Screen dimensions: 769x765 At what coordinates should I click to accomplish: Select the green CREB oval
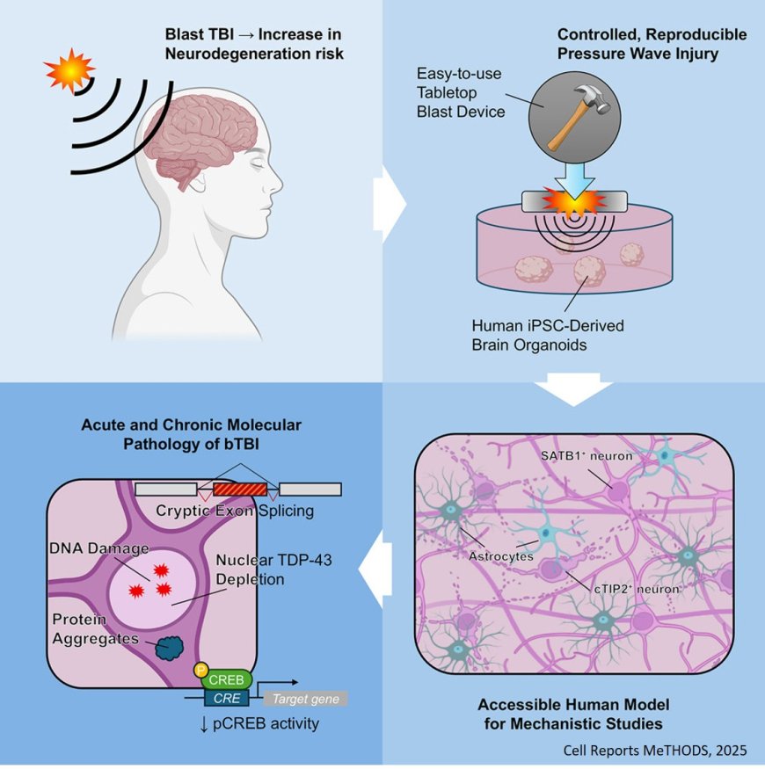click(x=227, y=680)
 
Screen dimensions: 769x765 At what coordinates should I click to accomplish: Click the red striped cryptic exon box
click(x=240, y=490)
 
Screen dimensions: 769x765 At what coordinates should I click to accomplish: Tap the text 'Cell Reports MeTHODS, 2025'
click(x=654, y=750)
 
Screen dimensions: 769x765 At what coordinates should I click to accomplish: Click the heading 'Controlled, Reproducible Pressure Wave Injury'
click(x=652, y=43)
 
